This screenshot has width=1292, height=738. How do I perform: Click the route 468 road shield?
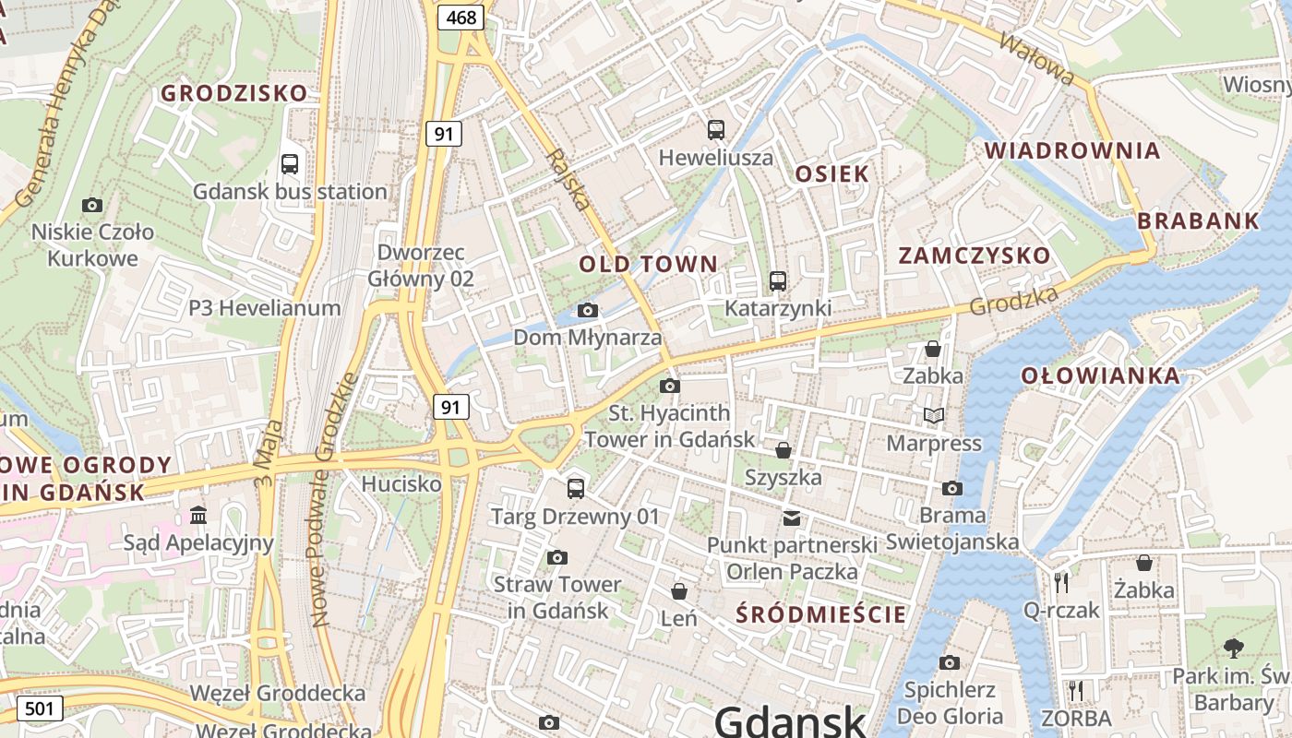click(x=461, y=17)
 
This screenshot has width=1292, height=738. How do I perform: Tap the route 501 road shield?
click(x=39, y=708)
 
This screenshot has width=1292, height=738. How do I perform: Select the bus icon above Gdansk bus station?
click(x=289, y=164)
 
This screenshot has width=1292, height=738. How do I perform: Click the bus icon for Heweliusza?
click(x=715, y=130)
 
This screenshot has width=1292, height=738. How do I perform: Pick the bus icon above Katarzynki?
click(x=778, y=281)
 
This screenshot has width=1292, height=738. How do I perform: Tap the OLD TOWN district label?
click(x=648, y=264)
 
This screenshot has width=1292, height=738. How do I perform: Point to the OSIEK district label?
click(x=831, y=173)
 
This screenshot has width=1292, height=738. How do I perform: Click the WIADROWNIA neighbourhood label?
click(x=1071, y=150)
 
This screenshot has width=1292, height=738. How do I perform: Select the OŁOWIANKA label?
click(x=1100, y=375)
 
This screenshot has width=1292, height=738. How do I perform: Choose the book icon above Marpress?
click(x=934, y=415)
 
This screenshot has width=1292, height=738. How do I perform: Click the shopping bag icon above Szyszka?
click(x=783, y=450)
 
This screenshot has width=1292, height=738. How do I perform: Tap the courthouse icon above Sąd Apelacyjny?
click(x=198, y=515)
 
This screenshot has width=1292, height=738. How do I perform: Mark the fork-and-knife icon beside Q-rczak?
click(x=1061, y=582)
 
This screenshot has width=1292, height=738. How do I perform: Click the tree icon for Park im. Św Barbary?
click(x=1232, y=648)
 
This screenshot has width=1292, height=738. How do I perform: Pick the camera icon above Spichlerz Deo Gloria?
click(x=949, y=662)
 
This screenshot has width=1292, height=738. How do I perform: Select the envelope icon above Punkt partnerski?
click(x=792, y=518)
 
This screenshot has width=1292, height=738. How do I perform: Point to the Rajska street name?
click(x=568, y=179)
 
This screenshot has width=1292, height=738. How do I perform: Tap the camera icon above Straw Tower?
click(x=556, y=557)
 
